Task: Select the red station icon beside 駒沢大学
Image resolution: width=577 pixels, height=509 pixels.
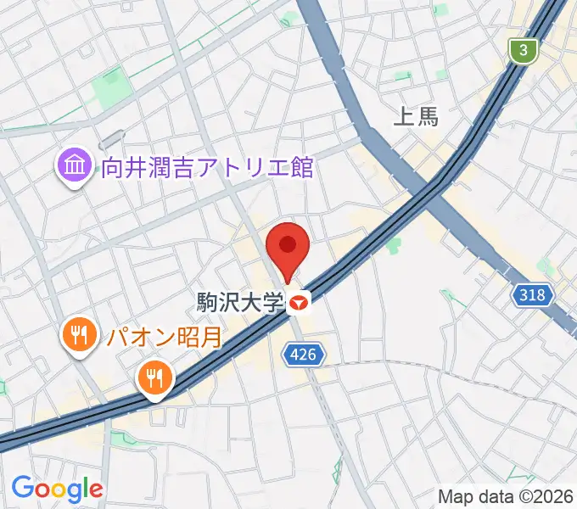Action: point(299,301)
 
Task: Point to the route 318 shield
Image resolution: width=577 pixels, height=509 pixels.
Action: point(533,295)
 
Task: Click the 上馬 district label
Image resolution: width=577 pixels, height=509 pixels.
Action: point(417,117)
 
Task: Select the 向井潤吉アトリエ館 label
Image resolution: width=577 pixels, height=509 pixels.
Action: point(207,166)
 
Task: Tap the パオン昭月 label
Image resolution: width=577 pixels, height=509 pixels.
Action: point(164,337)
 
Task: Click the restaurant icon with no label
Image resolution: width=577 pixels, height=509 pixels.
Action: point(154,377)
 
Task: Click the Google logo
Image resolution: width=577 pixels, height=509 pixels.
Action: point(57,489)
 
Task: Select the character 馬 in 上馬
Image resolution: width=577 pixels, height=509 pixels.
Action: point(429,117)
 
